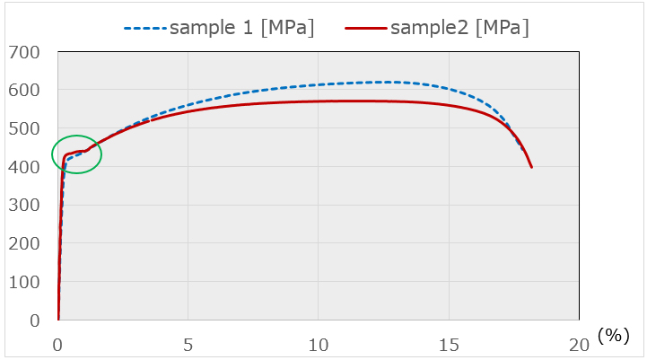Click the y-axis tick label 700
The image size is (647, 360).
click(x=24, y=52)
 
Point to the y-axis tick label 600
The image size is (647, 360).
click(x=24, y=91)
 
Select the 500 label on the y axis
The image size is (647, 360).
click(x=24, y=129)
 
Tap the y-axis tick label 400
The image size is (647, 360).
click(x=24, y=167)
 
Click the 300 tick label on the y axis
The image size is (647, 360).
click(x=24, y=206)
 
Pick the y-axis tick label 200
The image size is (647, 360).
click(x=24, y=244)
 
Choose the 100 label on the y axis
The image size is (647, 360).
click(x=24, y=283)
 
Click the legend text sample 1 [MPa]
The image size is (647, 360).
click(x=241, y=28)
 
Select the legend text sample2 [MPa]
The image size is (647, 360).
click(x=459, y=28)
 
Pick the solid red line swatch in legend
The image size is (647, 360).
click(x=364, y=29)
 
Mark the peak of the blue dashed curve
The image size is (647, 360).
click(x=381, y=83)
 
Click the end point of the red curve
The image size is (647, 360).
click(x=532, y=167)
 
